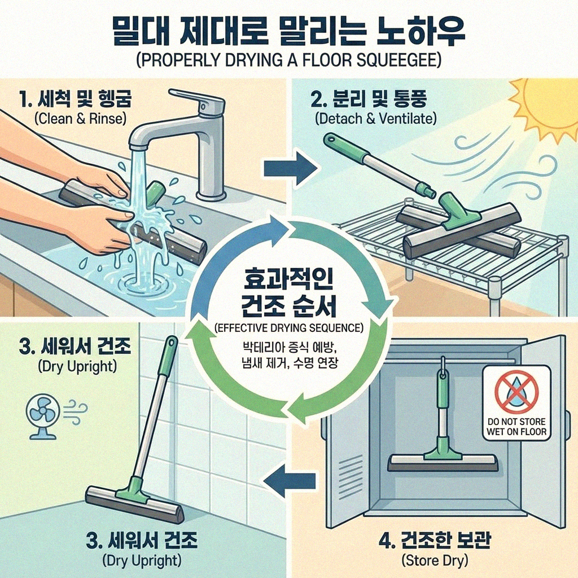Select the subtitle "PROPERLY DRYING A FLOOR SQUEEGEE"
point(289,60)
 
